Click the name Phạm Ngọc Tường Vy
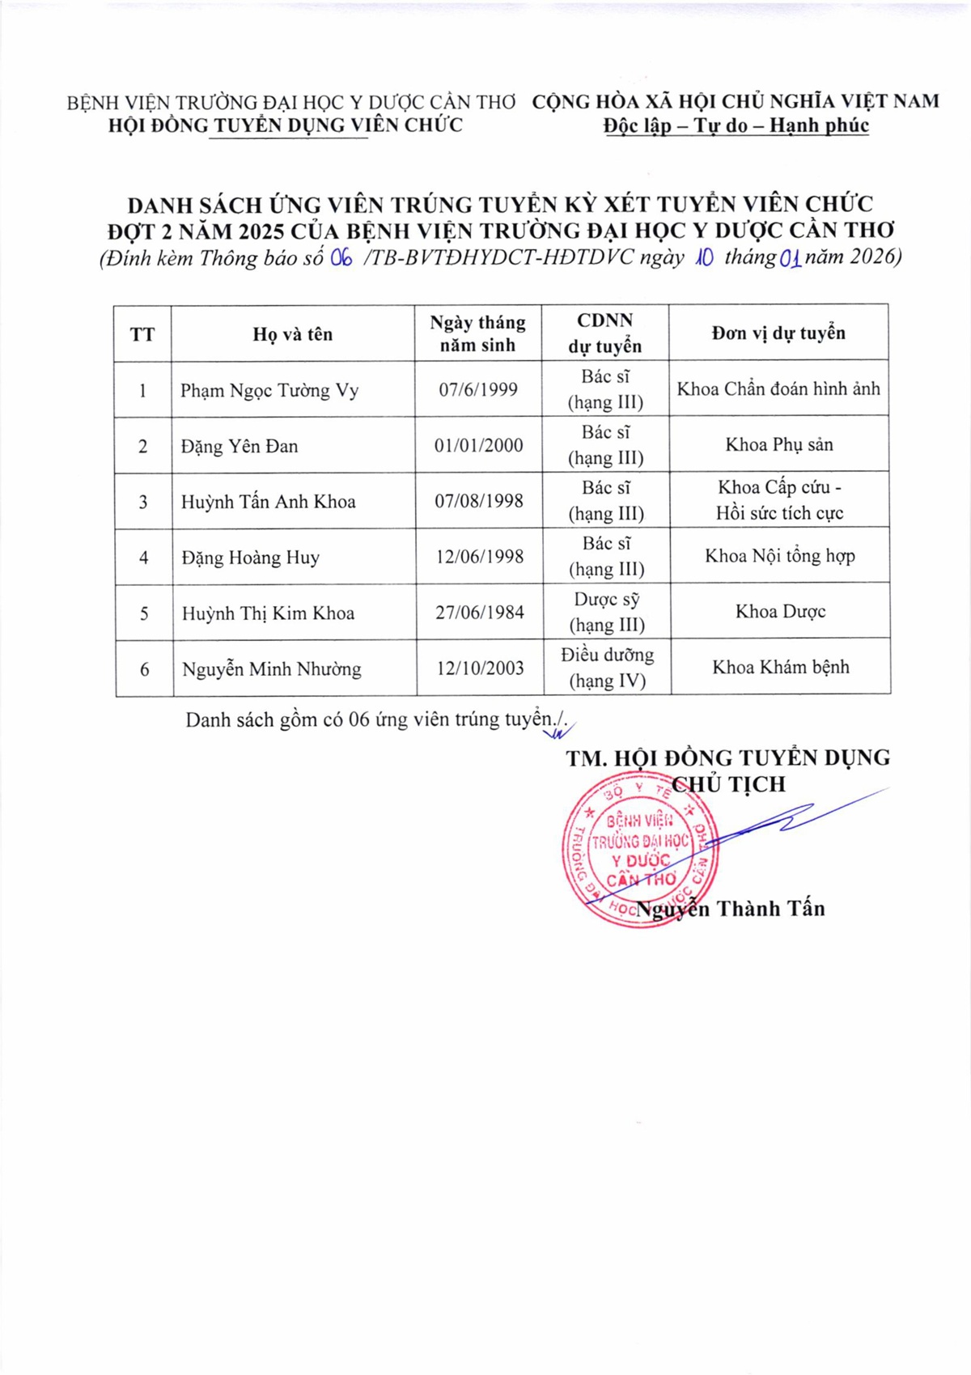coord(269,391)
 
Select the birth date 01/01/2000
coord(478,445)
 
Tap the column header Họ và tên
coord(292,334)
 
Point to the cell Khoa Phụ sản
coord(778,444)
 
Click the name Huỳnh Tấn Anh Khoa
coord(268,502)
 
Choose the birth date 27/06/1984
coord(479,613)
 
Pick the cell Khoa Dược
coord(780,612)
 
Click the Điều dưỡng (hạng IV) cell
coord(607,668)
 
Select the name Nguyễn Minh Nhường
coord(271,669)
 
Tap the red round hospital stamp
coord(638,850)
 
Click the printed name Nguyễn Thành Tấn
coord(731,909)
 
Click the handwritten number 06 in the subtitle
coord(341,258)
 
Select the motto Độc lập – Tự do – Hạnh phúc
coord(736,125)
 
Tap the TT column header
coord(142,334)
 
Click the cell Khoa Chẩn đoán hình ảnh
coord(778,389)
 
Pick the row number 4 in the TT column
coord(143,558)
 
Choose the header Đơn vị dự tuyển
coord(778,333)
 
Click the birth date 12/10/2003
coord(480,668)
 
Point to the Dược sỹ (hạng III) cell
coord(607,612)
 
